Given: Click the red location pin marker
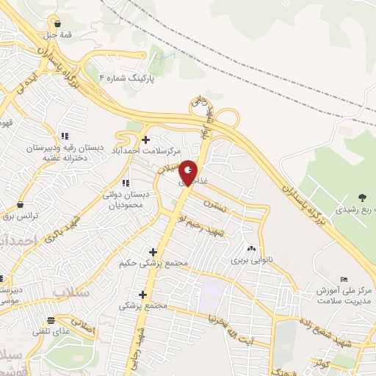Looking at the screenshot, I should (x=189, y=173).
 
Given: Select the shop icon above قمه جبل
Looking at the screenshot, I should (x=57, y=23).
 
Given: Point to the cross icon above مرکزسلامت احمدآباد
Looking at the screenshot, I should (x=145, y=140).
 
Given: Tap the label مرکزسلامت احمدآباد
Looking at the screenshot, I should (x=145, y=151).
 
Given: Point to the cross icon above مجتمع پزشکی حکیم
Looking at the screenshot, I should (x=153, y=252).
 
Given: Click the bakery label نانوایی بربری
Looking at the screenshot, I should (x=252, y=260).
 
